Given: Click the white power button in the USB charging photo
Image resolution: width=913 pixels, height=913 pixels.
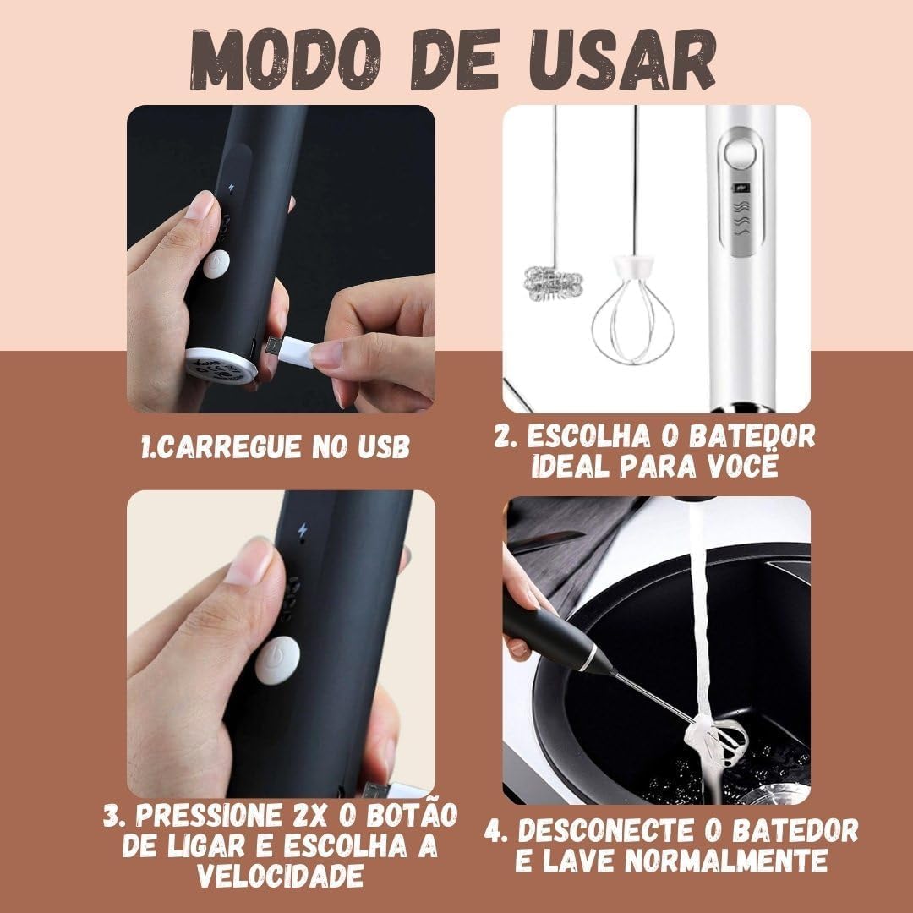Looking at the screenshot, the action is tap(216, 264).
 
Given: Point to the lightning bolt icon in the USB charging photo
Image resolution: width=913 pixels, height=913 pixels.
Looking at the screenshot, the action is tap(232, 188).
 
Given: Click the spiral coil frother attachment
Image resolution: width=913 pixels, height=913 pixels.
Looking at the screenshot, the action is tap(554, 283).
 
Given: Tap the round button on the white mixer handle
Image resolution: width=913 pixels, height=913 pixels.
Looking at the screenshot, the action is tap(740, 156).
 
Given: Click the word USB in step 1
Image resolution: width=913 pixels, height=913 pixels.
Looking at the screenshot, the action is tap(383, 447).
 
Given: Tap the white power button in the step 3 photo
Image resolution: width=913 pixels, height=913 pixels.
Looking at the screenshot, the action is tap(277, 659).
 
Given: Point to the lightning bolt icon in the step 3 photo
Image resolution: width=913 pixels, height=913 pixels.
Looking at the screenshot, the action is tap(302, 530).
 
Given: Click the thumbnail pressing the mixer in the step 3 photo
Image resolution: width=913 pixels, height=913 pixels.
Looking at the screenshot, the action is tap(249, 560).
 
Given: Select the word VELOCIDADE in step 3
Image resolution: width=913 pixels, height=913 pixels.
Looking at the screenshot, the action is tap(280, 875).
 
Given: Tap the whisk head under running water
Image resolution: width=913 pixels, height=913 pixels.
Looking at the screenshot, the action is tap(716, 742).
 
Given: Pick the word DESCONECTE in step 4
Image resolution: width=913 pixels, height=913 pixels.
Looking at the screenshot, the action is tap(604, 830).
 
